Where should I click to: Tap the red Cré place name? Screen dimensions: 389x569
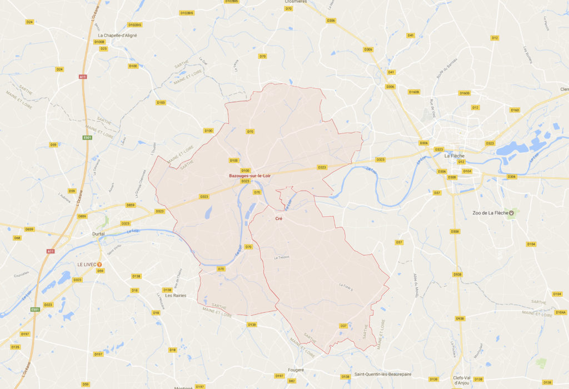[278, 219]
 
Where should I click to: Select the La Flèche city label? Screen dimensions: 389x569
[454, 156]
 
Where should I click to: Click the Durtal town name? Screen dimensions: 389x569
[99, 234]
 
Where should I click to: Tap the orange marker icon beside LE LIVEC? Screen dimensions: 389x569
[100, 264]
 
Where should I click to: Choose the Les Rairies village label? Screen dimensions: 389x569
[174, 295]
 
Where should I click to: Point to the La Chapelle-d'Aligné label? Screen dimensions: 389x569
[117, 36]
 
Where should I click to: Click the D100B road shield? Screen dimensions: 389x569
[99, 42]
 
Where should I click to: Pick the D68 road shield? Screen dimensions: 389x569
[17, 238]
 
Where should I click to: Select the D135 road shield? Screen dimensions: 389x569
[15, 347]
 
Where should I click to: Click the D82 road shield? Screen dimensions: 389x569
[292, 381]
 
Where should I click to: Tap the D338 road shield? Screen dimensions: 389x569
[455, 231]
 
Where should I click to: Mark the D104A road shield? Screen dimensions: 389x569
[560, 312]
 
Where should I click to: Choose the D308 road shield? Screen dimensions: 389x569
[452, 177]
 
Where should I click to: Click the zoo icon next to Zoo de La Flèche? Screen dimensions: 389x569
[512, 213]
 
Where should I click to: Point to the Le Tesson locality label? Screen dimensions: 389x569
[282, 257]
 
